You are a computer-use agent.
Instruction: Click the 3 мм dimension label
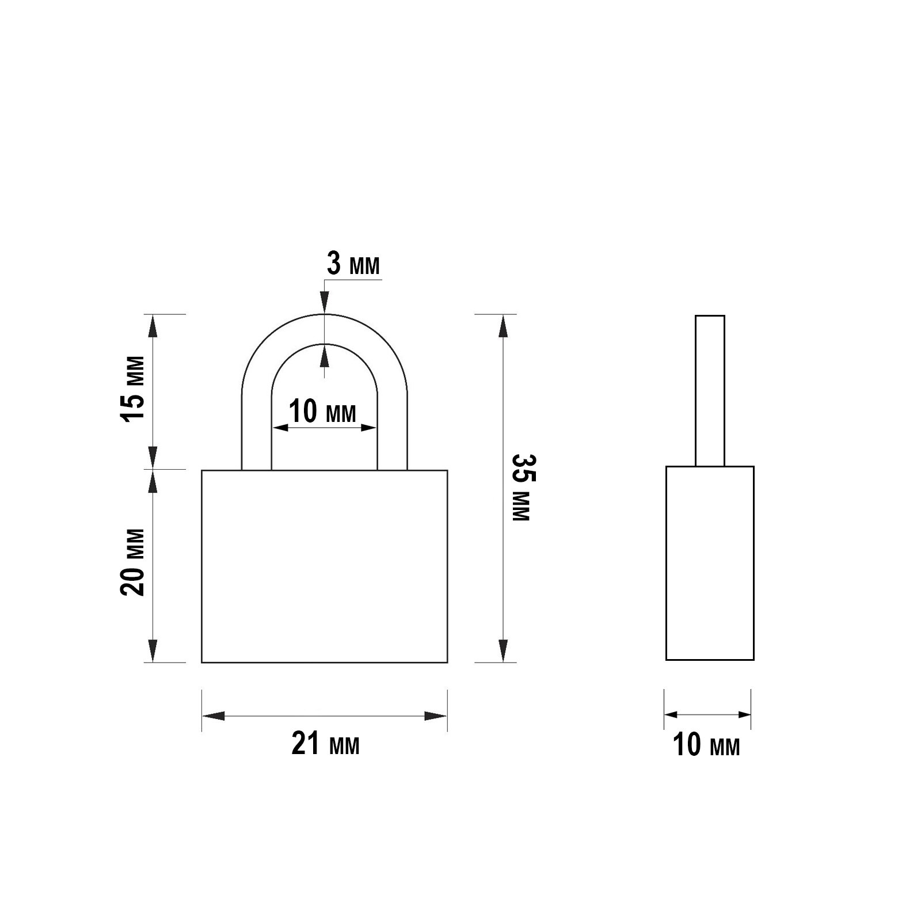tap(353, 265)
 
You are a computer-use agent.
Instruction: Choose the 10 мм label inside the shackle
tap(322, 412)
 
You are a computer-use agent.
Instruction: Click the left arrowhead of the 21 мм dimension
tap(213, 716)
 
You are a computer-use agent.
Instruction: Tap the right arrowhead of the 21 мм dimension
tap(436, 716)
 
